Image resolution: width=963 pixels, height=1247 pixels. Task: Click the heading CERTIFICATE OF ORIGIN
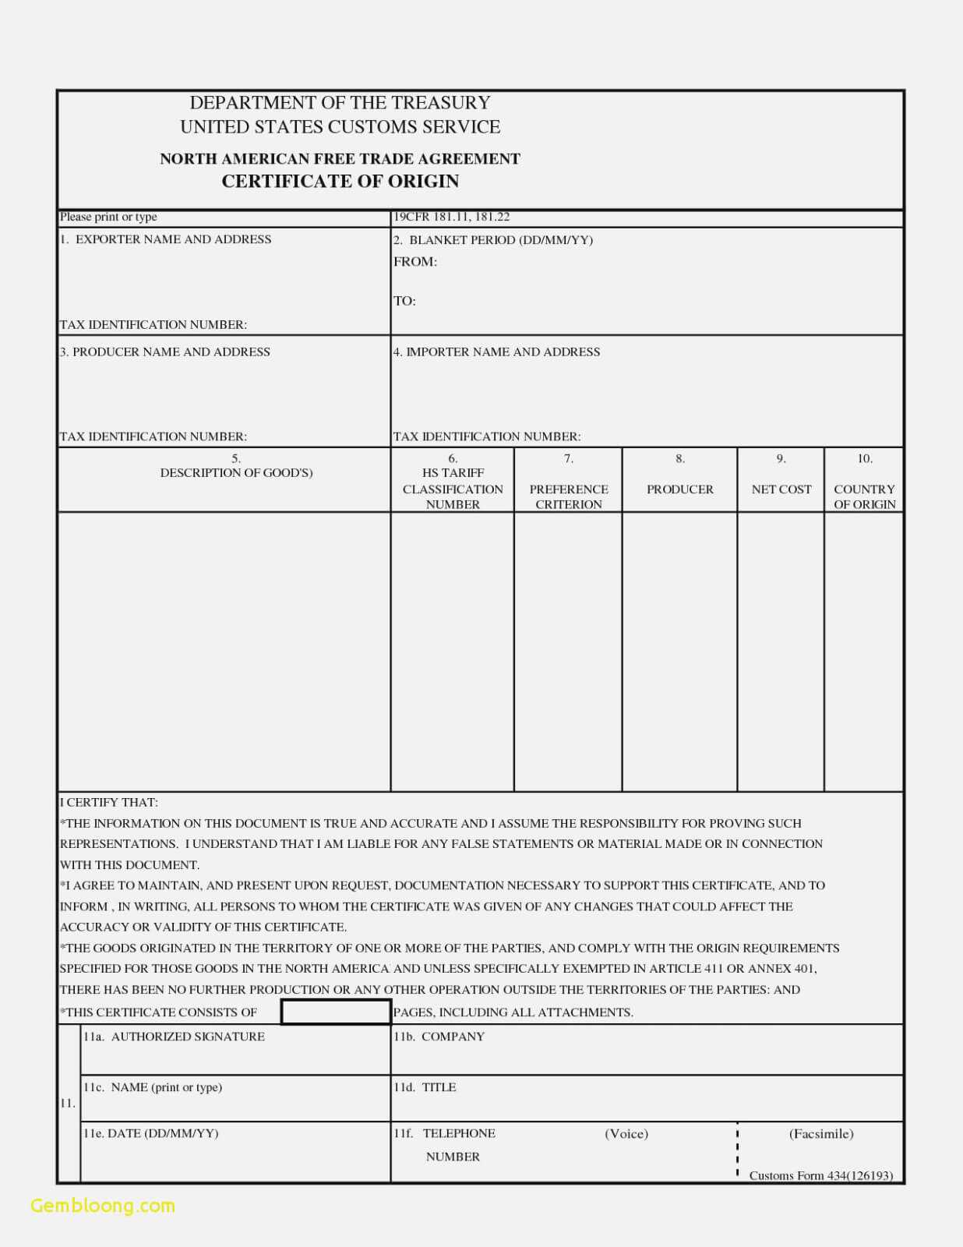340,182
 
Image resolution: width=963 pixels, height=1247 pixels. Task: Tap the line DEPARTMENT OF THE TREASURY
340,103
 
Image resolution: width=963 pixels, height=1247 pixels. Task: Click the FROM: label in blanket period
414,262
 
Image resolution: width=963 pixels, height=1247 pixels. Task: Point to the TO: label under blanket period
404,301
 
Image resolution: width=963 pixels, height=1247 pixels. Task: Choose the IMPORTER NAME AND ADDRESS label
496,351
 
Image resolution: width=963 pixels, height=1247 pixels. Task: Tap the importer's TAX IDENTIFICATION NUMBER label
487,436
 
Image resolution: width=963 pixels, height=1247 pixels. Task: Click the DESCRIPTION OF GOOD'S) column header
236,472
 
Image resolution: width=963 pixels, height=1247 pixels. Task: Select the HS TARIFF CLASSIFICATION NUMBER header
453,489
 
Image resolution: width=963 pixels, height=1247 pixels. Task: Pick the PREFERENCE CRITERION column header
569,496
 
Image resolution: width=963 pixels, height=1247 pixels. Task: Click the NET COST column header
781,489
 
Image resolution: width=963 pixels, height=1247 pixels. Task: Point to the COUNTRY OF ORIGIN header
864,496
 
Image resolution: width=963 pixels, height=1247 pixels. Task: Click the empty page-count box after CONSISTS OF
336,1012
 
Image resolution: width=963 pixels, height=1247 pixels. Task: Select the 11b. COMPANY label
439,1037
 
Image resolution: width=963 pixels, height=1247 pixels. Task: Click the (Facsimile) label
821,1133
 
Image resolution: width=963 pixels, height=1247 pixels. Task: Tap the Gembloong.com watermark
103,1205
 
